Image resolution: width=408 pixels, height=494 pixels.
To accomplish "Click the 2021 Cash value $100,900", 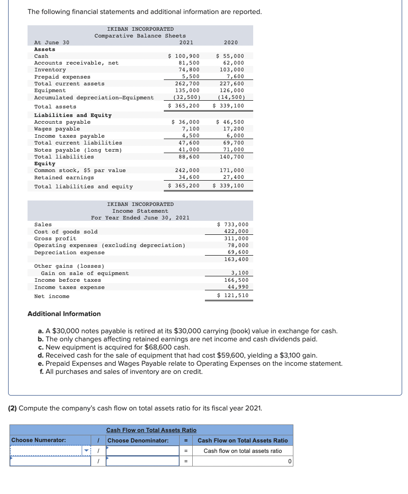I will (184, 56).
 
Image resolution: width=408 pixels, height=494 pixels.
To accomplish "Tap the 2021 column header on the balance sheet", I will (186, 42).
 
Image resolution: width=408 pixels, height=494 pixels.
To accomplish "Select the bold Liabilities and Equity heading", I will (73, 115).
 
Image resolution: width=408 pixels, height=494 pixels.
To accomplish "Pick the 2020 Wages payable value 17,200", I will (233, 129).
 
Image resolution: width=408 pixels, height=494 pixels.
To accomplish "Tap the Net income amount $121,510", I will (233, 296).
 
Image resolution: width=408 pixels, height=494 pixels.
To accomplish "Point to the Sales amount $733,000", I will (233, 224).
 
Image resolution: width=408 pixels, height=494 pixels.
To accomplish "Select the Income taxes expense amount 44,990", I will (238, 287).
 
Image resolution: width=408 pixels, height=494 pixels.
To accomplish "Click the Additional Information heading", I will (64, 314).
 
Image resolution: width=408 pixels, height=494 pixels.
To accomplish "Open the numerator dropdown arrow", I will (87, 451).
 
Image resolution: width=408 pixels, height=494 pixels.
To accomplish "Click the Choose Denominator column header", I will (138, 440).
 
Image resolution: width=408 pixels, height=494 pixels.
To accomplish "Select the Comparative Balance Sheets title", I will (140, 36).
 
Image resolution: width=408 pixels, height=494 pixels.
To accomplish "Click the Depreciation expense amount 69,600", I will (238, 252).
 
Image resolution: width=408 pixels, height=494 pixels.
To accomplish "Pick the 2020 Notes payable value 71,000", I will (233, 149).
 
